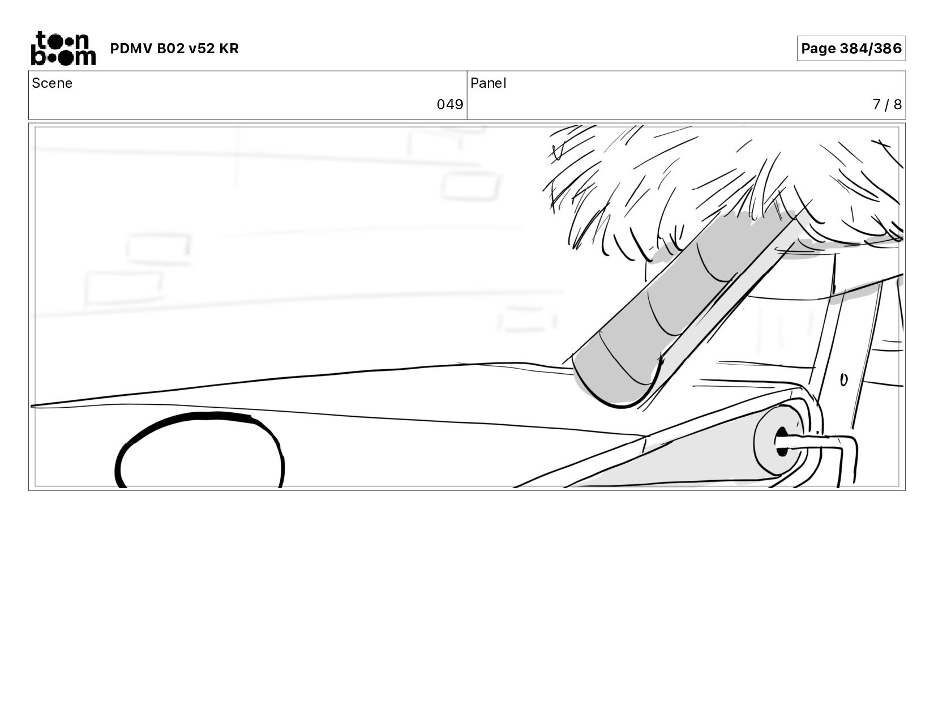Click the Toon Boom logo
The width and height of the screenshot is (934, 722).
[x=62, y=49]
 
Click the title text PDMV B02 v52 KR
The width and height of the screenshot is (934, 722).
[x=174, y=49]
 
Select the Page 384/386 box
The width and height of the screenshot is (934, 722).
[x=851, y=49]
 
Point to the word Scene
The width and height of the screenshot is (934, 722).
[x=52, y=83]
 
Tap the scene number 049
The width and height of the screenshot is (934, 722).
[x=449, y=105]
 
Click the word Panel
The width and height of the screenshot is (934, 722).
[x=488, y=83]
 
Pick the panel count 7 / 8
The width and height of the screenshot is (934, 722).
[x=886, y=105]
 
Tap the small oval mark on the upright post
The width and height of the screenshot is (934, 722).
[x=843, y=380]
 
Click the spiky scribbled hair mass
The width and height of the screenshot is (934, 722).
[x=725, y=181]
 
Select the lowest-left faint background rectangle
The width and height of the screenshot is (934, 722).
[x=123, y=288]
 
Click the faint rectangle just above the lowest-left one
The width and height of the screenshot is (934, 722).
[x=158, y=247]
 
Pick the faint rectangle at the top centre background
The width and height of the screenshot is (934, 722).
[x=470, y=186]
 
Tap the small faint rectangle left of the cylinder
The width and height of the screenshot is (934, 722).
[x=526, y=319]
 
